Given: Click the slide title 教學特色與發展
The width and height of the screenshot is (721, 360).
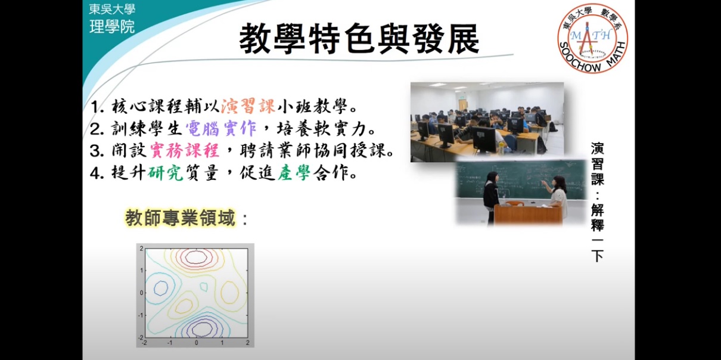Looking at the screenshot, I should click(359, 39).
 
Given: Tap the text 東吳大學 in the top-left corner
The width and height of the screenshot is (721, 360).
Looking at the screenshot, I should click(112, 10).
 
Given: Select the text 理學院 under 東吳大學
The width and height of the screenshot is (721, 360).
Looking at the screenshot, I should click(112, 27).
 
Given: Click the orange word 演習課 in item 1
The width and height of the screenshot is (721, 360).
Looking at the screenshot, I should click(248, 108).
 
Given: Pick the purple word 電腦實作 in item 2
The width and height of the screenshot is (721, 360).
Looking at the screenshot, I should click(212, 128).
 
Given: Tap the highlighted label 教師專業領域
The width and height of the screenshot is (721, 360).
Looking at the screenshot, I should click(180, 218).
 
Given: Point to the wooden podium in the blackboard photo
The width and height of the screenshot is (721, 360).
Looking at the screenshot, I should click(527, 213).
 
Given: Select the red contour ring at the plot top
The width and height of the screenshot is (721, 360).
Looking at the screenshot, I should click(195, 257).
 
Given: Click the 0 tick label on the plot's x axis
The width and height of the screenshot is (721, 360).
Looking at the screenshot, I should click(196, 343).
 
